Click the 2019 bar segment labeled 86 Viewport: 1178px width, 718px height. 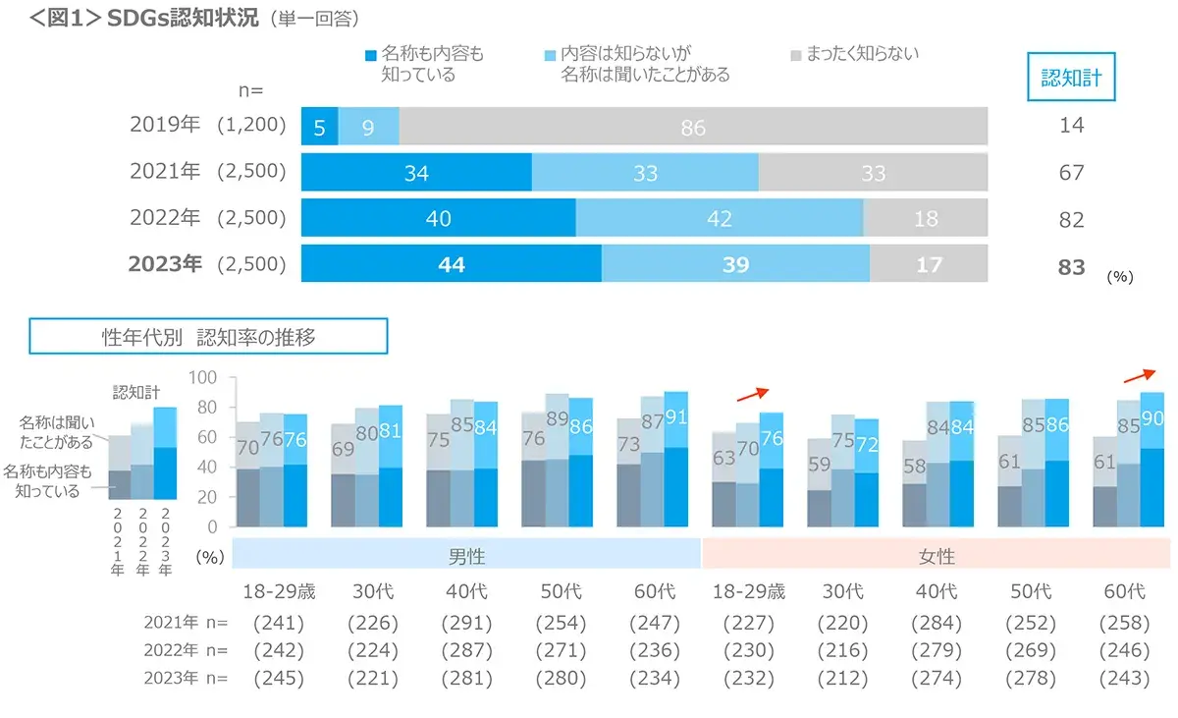[693, 128]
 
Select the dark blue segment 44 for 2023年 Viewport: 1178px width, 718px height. [451, 264]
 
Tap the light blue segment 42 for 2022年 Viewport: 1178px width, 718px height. [719, 218]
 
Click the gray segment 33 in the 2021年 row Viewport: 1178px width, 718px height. [873, 173]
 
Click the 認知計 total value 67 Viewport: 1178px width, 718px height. [1071, 173]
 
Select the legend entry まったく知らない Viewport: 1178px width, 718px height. [854, 55]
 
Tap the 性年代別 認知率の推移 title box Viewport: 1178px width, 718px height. [209, 337]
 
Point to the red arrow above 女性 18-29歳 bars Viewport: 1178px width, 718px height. [752, 393]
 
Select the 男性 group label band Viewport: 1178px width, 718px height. [466, 556]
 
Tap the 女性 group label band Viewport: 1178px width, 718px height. [936, 556]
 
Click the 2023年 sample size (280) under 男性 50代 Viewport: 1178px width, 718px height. [561, 678]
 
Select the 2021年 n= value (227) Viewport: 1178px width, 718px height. [748, 623]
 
